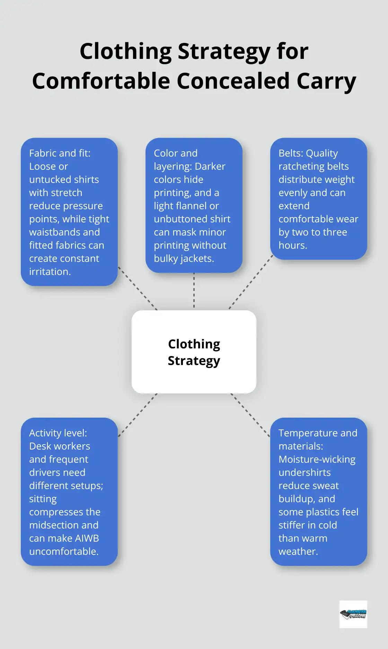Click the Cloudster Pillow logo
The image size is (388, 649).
353,614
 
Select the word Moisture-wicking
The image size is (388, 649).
317,459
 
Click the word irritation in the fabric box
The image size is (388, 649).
49,272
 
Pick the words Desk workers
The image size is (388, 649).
60,446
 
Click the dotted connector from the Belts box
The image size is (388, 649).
251,282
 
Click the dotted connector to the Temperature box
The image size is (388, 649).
250,415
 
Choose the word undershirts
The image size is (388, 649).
305,472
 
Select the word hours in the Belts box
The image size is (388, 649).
292,245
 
